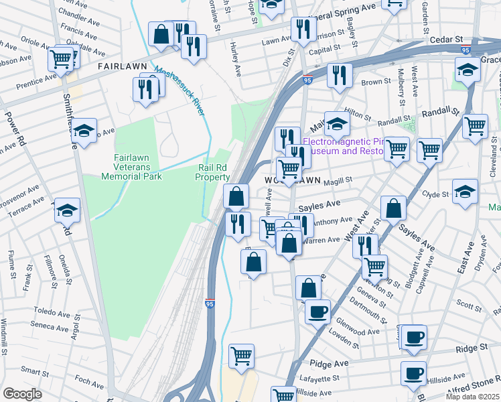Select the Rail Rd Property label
click(x=213, y=172)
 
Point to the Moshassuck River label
click(x=180, y=90)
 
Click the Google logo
click(x=22, y=394)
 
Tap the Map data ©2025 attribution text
click(x=472, y=397)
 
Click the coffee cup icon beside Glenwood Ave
click(x=317, y=311)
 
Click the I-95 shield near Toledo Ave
click(x=210, y=304)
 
